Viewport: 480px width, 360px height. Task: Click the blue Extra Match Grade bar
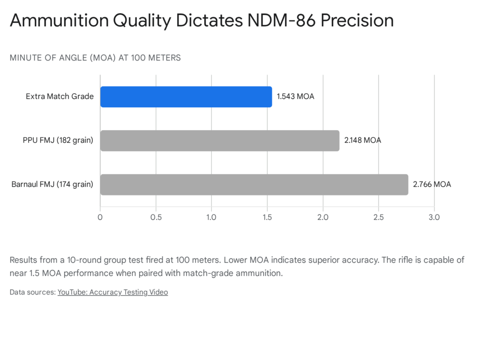tap(186, 97)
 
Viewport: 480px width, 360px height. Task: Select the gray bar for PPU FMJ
tap(219, 141)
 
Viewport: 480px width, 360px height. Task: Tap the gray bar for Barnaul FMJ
tap(254, 185)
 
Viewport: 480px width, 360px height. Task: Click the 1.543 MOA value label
tap(295, 97)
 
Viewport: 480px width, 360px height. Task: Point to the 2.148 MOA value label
tap(362, 141)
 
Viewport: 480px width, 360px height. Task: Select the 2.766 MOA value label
tap(432, 185)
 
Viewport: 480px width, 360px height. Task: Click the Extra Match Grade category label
tap(60, 97)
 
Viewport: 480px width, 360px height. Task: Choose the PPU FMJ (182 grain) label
tap(57, 141)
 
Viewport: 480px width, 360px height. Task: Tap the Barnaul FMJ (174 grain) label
tap(52, 185)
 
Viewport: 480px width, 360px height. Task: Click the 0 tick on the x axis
tap(100, 217)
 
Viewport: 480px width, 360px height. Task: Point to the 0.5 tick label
tap(156, 217)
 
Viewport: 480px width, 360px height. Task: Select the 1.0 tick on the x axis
tap(211, 217)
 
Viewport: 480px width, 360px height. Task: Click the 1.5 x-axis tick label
tap(267, 217)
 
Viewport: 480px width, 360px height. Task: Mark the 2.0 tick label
tap(323, 217)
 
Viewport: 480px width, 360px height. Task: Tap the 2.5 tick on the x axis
tap(378, 217)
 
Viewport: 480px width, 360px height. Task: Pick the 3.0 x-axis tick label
tap(434, 217)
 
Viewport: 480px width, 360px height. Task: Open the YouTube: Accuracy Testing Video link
tap(112, 292)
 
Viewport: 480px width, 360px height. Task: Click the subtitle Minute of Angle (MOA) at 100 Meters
tap(95, 58)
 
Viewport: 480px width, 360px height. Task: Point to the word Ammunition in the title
tap(58, 21)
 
